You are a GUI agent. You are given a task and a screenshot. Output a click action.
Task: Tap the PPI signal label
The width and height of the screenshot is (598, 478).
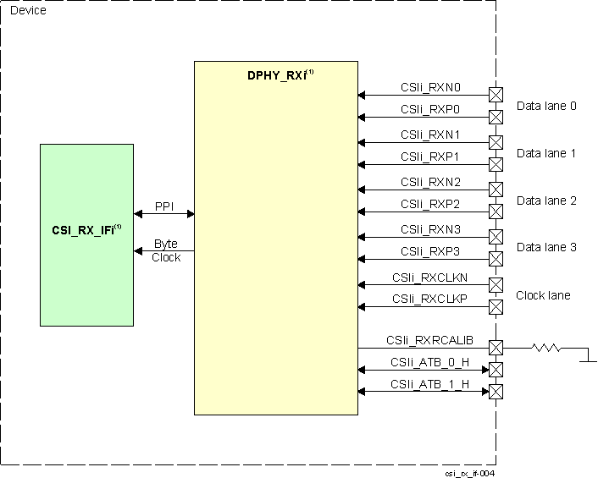pyautogui.click(x=164, y=206)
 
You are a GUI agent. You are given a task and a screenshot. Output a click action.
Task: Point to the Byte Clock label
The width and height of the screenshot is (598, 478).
pyautogui.click(x=165, y=250)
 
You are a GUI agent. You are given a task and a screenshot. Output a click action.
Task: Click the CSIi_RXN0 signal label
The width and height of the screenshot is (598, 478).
pyautogui.click(x=430, y=86)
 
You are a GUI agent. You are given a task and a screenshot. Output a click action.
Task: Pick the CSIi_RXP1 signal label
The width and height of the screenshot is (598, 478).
pyautogui.click(x=430, y=157)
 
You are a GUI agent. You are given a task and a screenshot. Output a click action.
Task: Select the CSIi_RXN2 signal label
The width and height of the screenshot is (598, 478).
pyautogui.click(x=430, y=182)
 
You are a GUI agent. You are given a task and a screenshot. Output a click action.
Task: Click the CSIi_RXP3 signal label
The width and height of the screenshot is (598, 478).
pyautogui.click(x=430, y=251)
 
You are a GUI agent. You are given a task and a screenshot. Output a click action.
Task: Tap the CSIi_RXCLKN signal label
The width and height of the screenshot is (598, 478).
pyautogui.click(x=429, y=277)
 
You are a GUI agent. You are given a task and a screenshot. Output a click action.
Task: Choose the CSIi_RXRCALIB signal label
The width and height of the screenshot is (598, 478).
pyautogui.click(x=429, y=340)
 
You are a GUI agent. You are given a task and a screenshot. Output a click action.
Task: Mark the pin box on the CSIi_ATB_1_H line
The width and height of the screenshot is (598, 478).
pyautogui.click(x=496, y=392)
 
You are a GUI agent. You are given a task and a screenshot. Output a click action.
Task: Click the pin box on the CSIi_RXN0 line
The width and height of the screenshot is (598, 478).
pyautogui.click(x=496, y=94)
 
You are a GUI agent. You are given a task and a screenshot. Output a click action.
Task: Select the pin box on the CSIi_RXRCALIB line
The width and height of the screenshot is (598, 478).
pyautogui.click(x=496, y=348)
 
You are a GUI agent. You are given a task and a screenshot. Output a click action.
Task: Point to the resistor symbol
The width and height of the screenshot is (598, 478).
pyautogui.click(x=547, y=347)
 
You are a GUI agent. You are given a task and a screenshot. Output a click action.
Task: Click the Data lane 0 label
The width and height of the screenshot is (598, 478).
pyautogui.click(x=546, y=106)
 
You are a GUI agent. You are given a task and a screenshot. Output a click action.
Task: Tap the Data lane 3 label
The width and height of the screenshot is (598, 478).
pyautogui.click(x=546, y=246)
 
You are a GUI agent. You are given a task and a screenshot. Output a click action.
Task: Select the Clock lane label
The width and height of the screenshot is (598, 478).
pyautogui.click(x=543, y=295)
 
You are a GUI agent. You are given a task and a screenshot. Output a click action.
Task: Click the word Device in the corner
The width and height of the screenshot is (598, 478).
pyautogui.click(x=28, y=10)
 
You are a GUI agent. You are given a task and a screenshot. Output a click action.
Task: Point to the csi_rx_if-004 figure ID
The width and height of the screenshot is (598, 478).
pyautogui.click(x=469, y=473)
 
